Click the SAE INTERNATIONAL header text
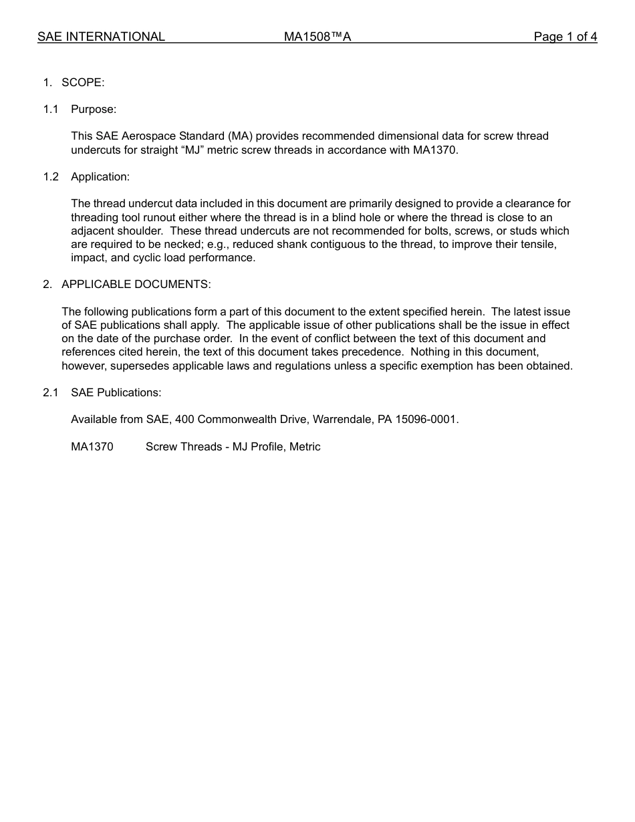[101, 37]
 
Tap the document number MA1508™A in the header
[317, 37]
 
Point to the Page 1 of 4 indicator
[565, 37]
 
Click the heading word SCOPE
[83, 82]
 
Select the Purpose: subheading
[94, 109]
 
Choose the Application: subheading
[100, 176]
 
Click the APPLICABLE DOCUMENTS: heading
[136, 284]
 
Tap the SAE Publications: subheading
[116, 392]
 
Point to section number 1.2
[51, 176]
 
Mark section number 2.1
[51, 392]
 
